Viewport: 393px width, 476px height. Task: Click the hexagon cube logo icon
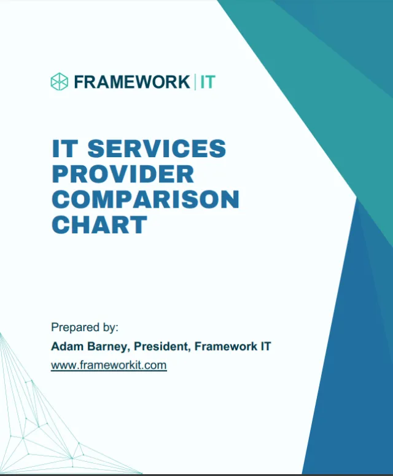(x=59, y=82)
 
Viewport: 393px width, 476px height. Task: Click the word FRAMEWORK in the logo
(x=131, y=82)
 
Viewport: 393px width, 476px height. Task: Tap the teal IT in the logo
(x=208, y=82)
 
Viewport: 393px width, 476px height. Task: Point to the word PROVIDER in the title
(x=123, y=174)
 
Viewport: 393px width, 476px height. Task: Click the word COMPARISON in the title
(x=145, y=200)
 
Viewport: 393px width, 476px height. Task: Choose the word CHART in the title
(x=99, y=225)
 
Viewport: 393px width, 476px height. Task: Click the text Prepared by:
(x=85, y=327)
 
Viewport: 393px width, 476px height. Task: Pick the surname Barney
(x=105, y=346)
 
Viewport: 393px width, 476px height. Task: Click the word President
(x=163, y=346)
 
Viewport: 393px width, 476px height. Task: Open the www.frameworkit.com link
(x=109, y=365)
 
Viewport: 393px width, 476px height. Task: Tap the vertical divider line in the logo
(x=195, y=82)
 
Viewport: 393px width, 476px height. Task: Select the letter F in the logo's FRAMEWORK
(x=79, y=82)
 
